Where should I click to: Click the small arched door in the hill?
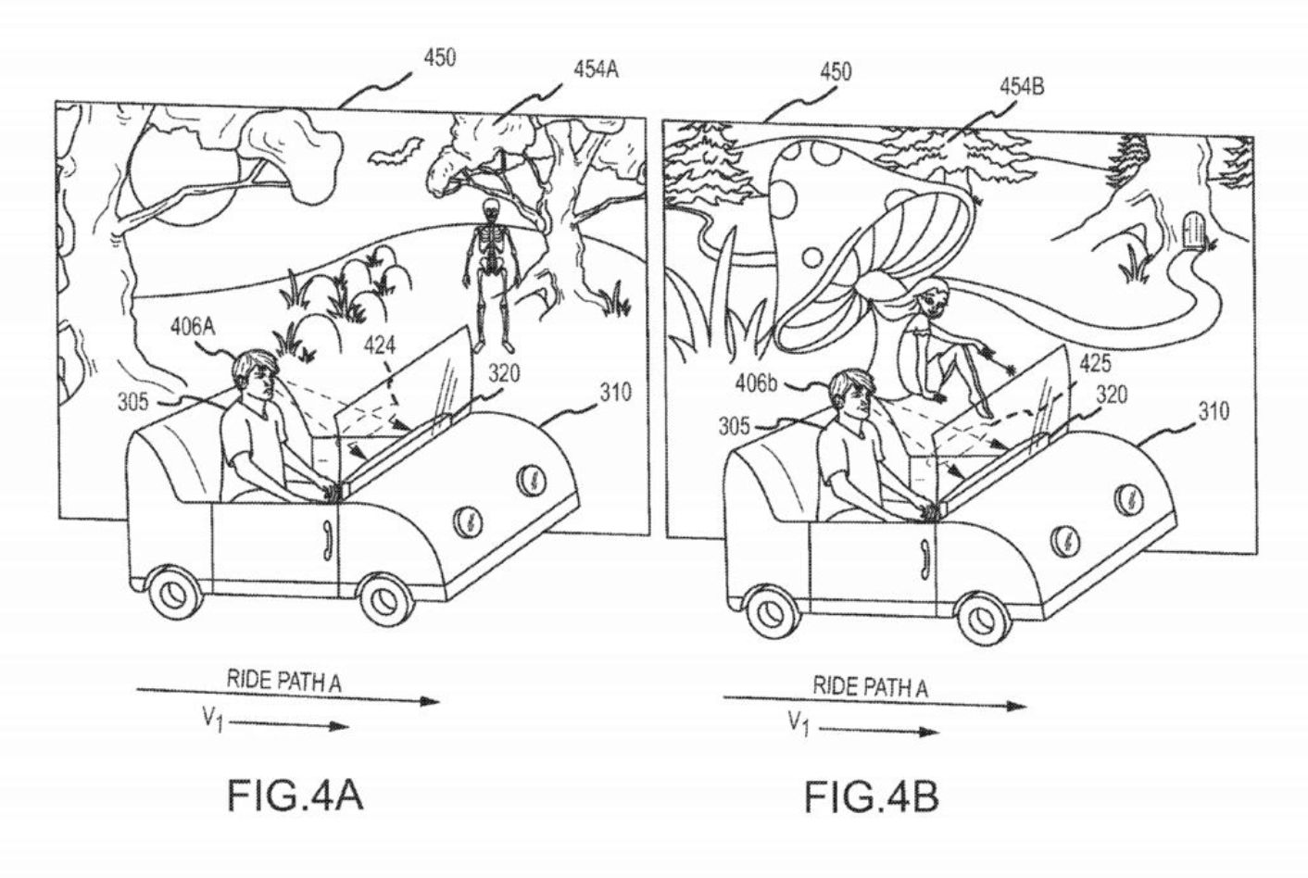[x=1194, y=230]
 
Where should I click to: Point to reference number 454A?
[x=595, y=69]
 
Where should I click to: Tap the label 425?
[x=1095, y=364]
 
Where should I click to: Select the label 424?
[x=380, y=346]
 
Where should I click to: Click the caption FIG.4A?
[x=296, y=795]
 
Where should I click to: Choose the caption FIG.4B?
[x=871, y=796]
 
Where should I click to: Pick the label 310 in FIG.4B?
[x=1214, y=411]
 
